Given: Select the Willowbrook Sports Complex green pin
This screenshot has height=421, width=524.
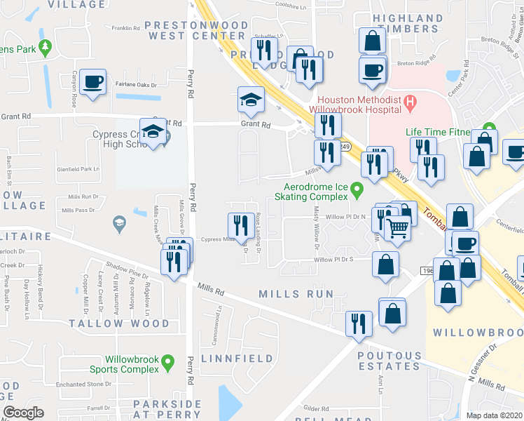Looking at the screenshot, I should (167, 362).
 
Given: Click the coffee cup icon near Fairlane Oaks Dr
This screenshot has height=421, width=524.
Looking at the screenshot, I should (92, 82).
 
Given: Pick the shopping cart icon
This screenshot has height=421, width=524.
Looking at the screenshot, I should (397, 227).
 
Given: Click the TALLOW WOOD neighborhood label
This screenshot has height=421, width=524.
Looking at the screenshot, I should (119, 323).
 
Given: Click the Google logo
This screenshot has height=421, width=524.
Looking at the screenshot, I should (23, 413).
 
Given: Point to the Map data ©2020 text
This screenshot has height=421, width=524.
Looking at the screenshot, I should (495, 415).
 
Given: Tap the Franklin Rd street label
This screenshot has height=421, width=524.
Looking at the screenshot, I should (127, 28).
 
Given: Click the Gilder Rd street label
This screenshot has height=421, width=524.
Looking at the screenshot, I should (317, 408).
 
